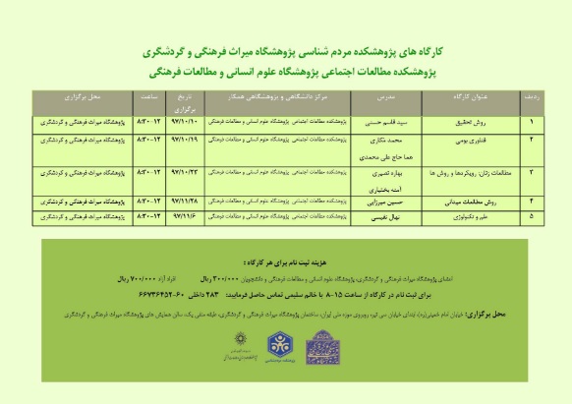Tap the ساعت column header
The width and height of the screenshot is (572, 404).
point(151,99)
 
